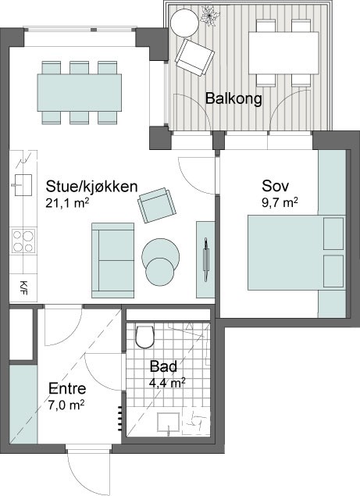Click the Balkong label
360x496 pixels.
click(x=233, y=98)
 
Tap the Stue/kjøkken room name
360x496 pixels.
click(x=91, y=187)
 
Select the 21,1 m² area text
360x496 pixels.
click(x=67, y=203)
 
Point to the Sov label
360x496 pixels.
click(x=275, y=186)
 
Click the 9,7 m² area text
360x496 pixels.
click(x=280, y=202)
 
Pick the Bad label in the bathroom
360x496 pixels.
click(x=163, y=366)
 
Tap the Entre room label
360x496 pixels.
click(x=67, y=388)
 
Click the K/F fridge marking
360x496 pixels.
click(x=23, y=287)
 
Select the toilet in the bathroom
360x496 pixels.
click(x=145, y=336)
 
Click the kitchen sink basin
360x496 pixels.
click(x=22, y=185)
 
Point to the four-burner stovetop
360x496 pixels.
click(x=23, y=241)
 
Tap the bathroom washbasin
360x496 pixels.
click(x=169, y=423)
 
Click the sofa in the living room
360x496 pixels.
click(x=113, y=260)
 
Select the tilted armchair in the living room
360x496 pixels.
click(x=157, y=205)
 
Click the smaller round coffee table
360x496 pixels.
click(x=160, y=273)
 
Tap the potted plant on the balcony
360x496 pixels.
click(x=210, y=15)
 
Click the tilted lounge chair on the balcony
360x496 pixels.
click(x=194, y=57)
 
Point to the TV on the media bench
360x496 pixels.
click(x=206, y=259)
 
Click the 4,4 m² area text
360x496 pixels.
click(x=167, y=384)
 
